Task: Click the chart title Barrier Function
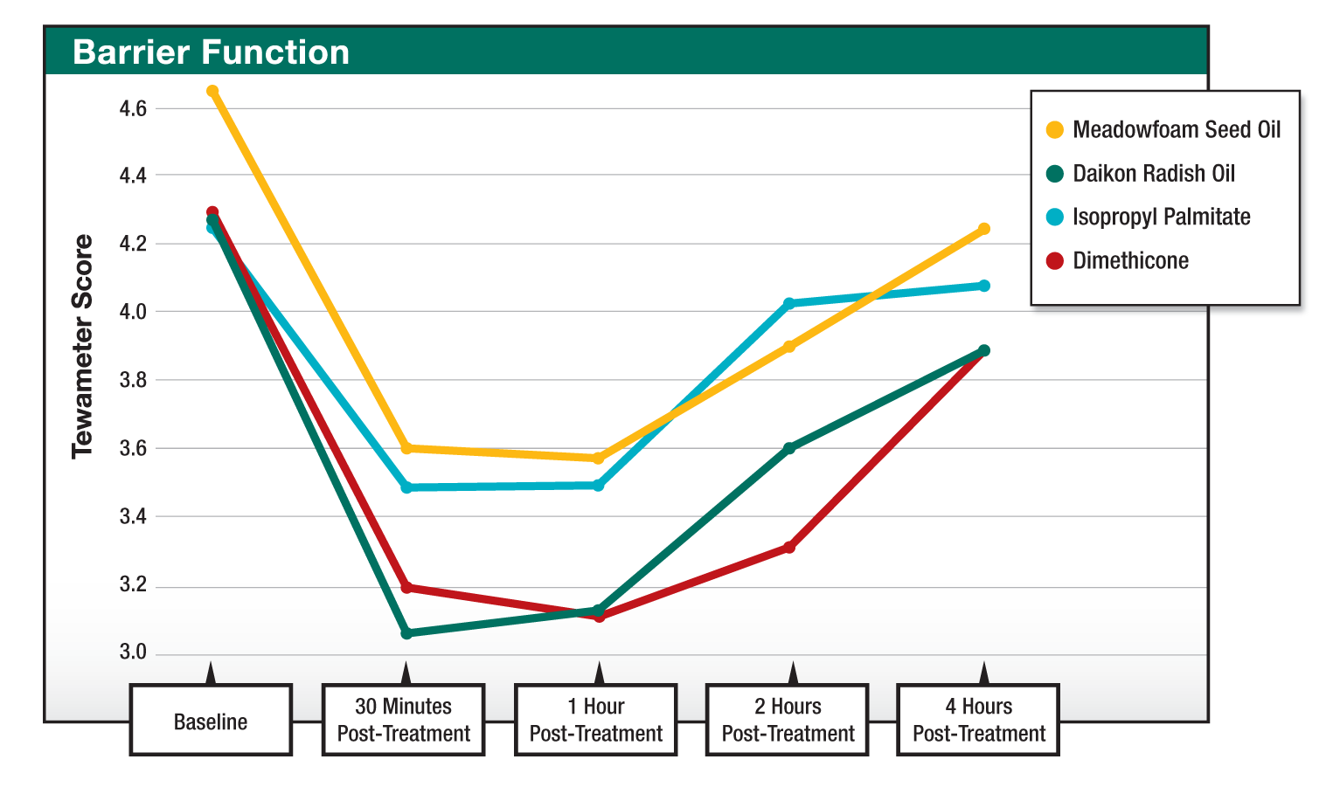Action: (x=211, y=52)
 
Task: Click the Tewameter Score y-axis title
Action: (x=82, y=347)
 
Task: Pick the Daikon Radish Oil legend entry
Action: (x=1153, y=174)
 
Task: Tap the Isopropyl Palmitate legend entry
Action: (x=1161, y=217)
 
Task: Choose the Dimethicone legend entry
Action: (x=1129, y=261)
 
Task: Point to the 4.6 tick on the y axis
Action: (x=132, y=108)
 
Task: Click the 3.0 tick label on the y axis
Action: (x=132, y=652)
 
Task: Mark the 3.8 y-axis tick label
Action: (x=132, y=380)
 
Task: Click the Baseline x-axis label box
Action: (x=211, y=722)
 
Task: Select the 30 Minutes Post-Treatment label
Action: (x=403, y=721)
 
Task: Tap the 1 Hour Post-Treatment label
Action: (x=596, y=721)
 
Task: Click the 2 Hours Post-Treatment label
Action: (x=788, y=721)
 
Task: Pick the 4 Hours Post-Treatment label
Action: (x=979, y=721)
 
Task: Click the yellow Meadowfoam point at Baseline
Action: (x=212, y=91)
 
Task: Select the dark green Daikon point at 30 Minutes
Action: (x=406, y=633)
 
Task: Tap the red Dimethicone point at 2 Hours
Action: (x=789, y=548)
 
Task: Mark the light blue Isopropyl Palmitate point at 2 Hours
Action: (x=789, y=304)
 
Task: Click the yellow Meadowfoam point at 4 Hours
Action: (x=984, y=229)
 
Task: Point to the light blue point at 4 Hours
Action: (x=984, y=286)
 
